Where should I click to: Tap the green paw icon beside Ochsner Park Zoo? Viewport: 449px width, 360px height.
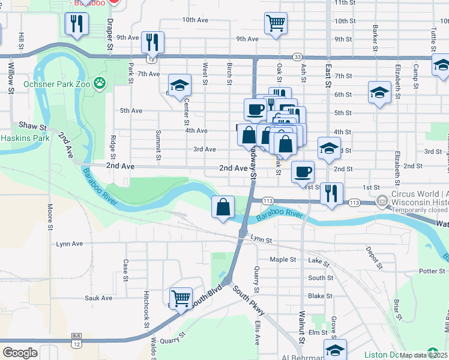pyautogui.click(x=100, y=83)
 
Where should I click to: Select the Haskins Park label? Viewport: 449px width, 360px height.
pyautogui.click(x=25, y=137)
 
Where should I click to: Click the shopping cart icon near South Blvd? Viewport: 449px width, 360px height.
pyautogui.click(x=181, y=298)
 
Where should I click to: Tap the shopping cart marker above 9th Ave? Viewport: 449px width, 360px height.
pyautogui.click(x=276, y=23)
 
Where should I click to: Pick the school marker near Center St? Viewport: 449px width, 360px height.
pyautogui.click(x=179, y=85)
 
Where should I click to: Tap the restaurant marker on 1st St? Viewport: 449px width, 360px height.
pyautogui.click(x=331, y=193)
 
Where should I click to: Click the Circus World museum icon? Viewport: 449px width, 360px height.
pyautogui.click(x=382, y=200)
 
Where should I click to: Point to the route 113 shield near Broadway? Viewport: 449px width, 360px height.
pyautogui.click(x=268, y=200)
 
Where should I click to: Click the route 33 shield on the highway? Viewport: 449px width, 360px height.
pyautogui.click(x=298, y=56)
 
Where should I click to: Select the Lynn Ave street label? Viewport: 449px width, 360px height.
pyautogui.click(x=69, y=244)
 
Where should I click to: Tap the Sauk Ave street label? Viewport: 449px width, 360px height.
pyautogui.click(x=98, y=298)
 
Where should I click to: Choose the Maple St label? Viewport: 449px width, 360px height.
pyautogui.click(x=283, y=260)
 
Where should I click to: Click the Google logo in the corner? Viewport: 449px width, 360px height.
pyautogui.click(x=20, y=352)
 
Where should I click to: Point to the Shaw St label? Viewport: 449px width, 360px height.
pyautogui.click(x=32, y=127)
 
